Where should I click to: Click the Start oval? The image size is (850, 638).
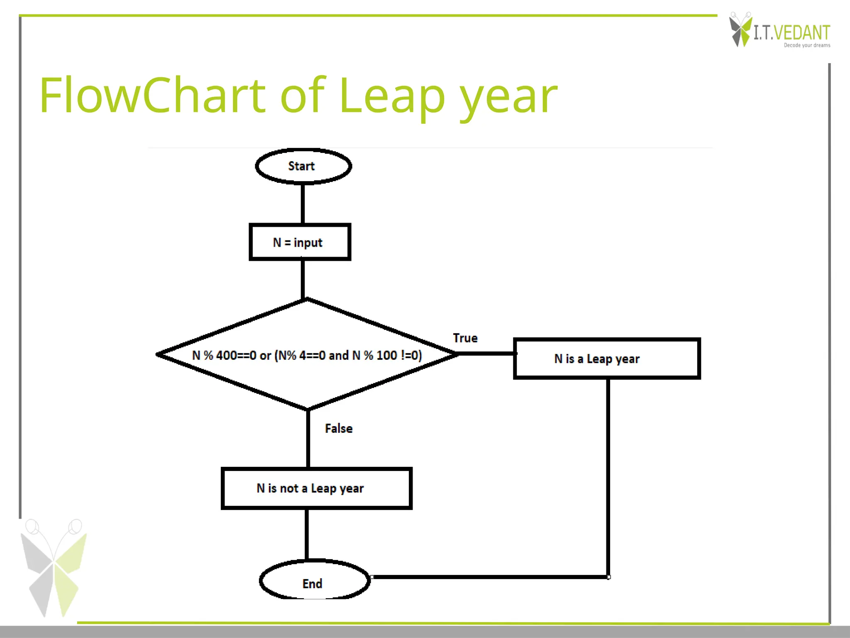(x=303, y=166)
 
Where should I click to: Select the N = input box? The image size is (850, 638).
(x=300, y=242)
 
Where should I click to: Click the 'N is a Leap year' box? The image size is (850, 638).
(x=606, y=358)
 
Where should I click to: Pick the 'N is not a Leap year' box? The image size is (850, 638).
(x=316, y=488)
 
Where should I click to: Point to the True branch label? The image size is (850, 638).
(x=465, y=338)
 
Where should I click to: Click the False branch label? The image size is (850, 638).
(x=339, y=428)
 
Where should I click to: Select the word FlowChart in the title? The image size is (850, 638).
(x=152, y=96)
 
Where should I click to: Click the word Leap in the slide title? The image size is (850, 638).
(x=392, y=96)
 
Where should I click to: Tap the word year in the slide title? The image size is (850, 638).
(x=508, y=98)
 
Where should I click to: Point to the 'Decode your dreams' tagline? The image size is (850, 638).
(x=807, y=45)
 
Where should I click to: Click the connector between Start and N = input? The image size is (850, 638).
(x=303, y=204)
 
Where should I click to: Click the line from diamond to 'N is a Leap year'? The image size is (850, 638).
(x=486, y=353)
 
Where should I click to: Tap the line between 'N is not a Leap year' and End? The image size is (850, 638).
(x=307, y=534)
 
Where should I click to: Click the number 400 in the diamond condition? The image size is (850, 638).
(x=227, y=356)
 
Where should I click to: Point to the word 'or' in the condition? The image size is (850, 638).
(x=265, y=356)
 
